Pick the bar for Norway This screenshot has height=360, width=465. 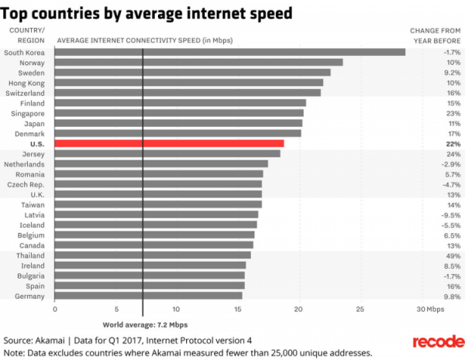[198, 62]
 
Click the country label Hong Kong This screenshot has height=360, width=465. [26, 82]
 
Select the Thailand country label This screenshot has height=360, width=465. [29, 255]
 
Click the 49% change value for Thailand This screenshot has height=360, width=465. [452, 255]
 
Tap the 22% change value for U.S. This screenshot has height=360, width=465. [453, 143]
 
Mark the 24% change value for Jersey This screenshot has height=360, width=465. [452, 153]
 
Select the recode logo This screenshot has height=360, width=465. [437, 342]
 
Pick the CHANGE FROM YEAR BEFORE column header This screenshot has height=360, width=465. [435, 34]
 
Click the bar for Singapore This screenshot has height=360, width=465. [179, 113]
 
